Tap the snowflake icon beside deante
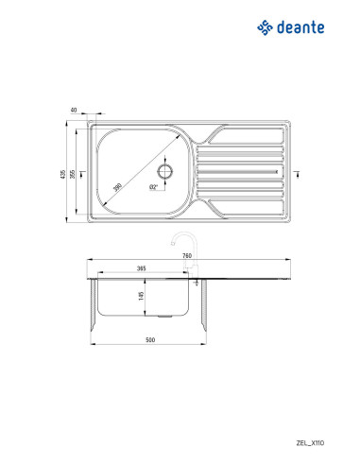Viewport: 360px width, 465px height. coord(266,28)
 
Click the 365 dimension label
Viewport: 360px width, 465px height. coord(142,269)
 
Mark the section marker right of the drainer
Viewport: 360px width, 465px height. coord(297,172)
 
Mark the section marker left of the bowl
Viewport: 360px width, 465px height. coord(82,172)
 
